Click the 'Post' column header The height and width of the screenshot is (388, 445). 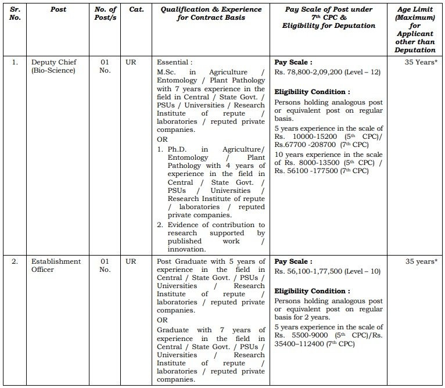[x=58, y=9]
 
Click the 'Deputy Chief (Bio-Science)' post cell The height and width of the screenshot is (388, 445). [x=55, y=66]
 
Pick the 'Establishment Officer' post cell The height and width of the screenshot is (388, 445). [x=56, y=265]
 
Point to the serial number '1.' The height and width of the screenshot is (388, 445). [x=15, y=62]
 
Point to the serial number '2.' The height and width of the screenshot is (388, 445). [x=15, y=261]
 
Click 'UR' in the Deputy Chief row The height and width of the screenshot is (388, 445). [x=131, y=62]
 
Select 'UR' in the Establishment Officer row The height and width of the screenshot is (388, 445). [x=131, y=261]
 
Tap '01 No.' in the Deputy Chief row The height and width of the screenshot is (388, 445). [x=105, y=66]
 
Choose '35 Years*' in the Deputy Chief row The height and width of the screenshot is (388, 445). [x=420, y=62]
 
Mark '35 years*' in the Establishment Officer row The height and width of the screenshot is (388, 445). [x=420, y=261]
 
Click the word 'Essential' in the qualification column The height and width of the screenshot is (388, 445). [x=174, y=62]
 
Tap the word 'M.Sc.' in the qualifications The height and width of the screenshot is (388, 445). [x=167, y=72]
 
